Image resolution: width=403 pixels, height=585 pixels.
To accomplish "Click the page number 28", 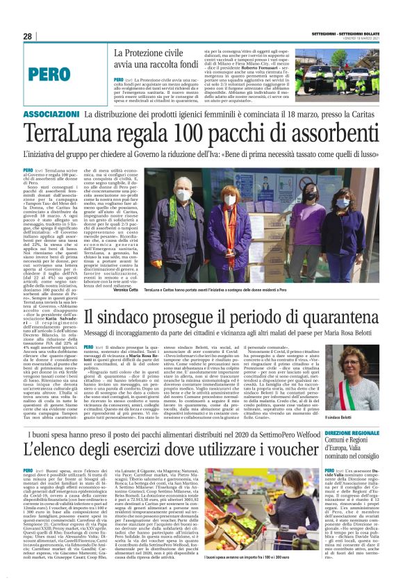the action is pyautogui.click(x=27, y=36).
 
